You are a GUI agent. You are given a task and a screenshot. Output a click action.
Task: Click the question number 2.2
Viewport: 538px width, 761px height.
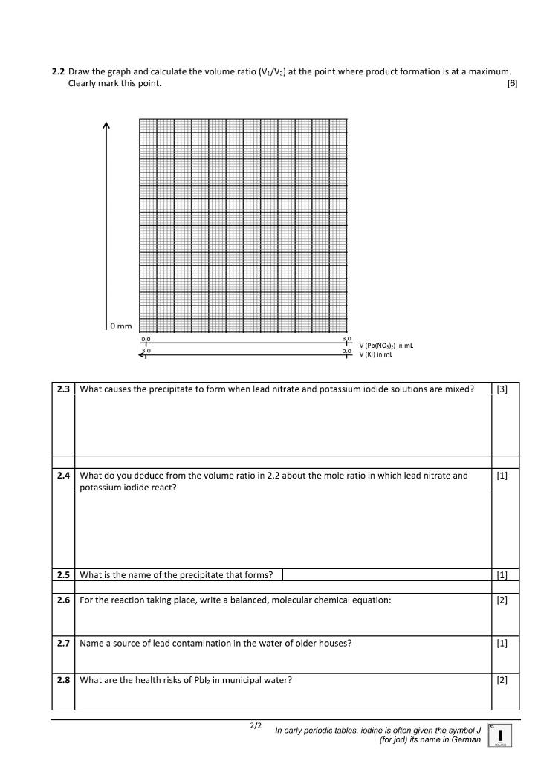58,72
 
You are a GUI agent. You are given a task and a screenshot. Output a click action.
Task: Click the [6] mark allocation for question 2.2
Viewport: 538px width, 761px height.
511,83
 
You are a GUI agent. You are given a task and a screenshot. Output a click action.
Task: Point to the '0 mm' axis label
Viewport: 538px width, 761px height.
120,326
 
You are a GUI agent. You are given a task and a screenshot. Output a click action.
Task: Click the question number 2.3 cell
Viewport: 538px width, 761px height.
63,389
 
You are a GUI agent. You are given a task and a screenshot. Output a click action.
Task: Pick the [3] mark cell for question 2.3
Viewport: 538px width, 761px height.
502,389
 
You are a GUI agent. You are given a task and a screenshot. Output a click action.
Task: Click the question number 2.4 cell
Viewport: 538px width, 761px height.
63,476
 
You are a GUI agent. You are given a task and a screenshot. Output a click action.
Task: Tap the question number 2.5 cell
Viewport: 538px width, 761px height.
63,574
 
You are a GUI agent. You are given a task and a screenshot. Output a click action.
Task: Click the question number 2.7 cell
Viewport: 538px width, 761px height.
63,644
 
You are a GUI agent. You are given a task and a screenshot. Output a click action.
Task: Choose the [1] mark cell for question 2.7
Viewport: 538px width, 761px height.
502,644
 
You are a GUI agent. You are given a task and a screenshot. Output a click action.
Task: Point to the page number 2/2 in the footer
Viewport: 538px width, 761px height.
256,725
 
